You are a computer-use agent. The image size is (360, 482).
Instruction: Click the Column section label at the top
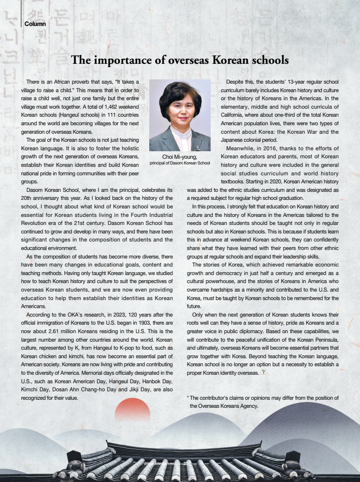(35, 24)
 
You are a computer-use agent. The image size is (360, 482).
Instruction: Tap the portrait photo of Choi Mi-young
(180, 115)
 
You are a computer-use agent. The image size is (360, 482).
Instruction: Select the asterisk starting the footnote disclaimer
(189, 398)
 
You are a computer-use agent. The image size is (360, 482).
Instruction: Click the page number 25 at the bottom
(186, 464)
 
